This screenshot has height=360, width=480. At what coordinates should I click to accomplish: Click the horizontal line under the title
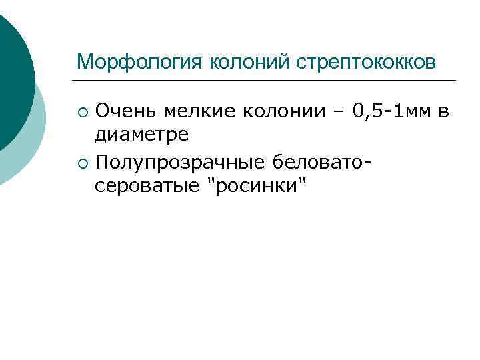267,81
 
